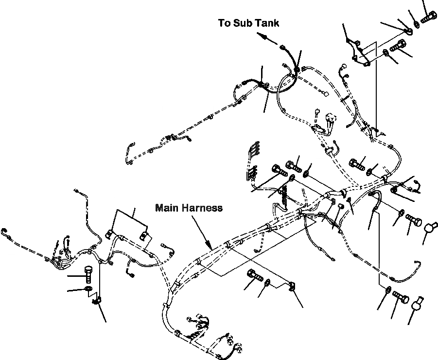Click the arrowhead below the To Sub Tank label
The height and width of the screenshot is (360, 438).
[x=260, y=36]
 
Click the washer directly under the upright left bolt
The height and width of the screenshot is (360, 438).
[x=88, y=290]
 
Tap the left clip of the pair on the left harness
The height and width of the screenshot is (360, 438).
[x=110, y=234]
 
